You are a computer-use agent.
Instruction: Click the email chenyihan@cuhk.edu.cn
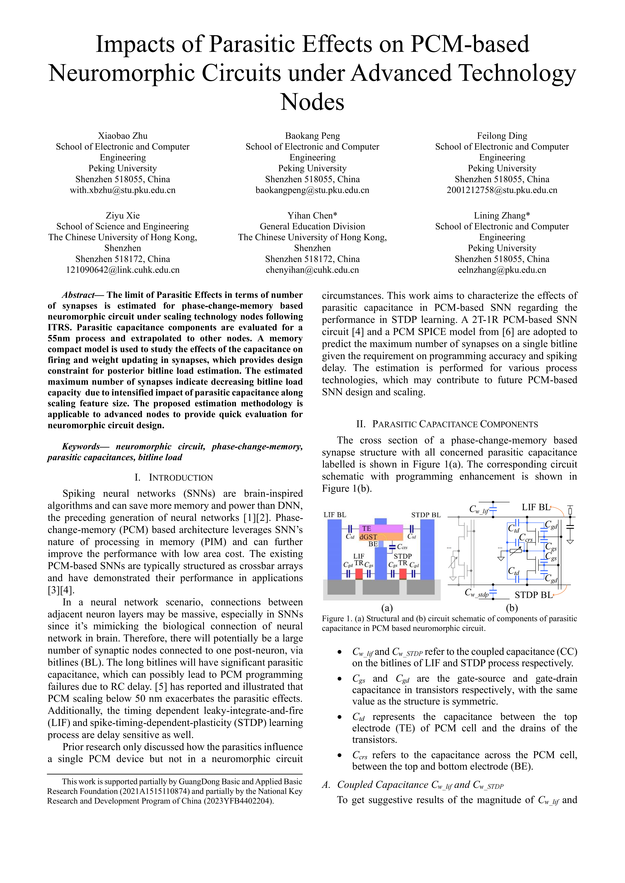click(x=312, y=270)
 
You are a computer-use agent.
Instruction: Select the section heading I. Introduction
click(x=174, y=478)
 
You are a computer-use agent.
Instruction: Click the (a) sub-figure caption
click(x=387, y=608)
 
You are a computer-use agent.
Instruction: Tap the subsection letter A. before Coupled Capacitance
click(x=326, y=785)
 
